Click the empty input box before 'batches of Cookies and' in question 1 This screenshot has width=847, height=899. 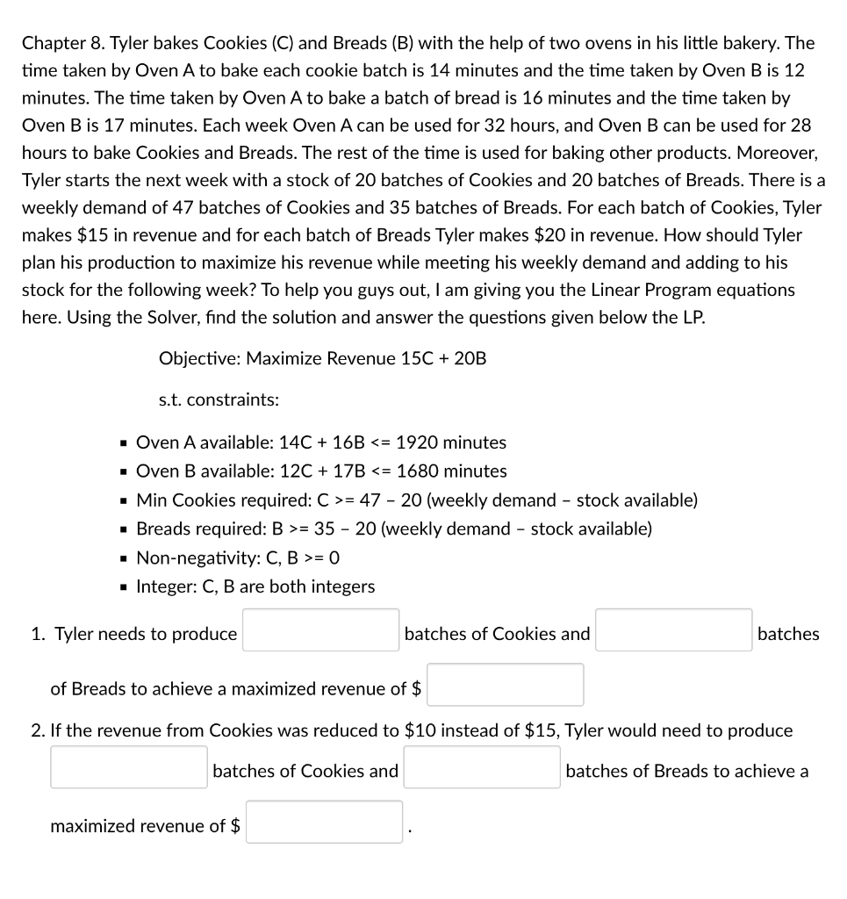click(320, 630)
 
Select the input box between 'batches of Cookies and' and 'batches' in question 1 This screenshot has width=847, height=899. click(673, 630)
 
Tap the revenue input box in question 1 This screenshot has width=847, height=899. click(505, 685)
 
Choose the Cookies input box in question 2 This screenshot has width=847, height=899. click(129, 767)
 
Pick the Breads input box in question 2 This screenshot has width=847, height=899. click(482, 767)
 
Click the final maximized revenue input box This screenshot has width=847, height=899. click(324, 823)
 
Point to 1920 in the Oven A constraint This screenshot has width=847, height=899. click(416, 442)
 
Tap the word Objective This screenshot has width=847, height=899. click(198, 358)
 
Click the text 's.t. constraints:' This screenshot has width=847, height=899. click(219, 400)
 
